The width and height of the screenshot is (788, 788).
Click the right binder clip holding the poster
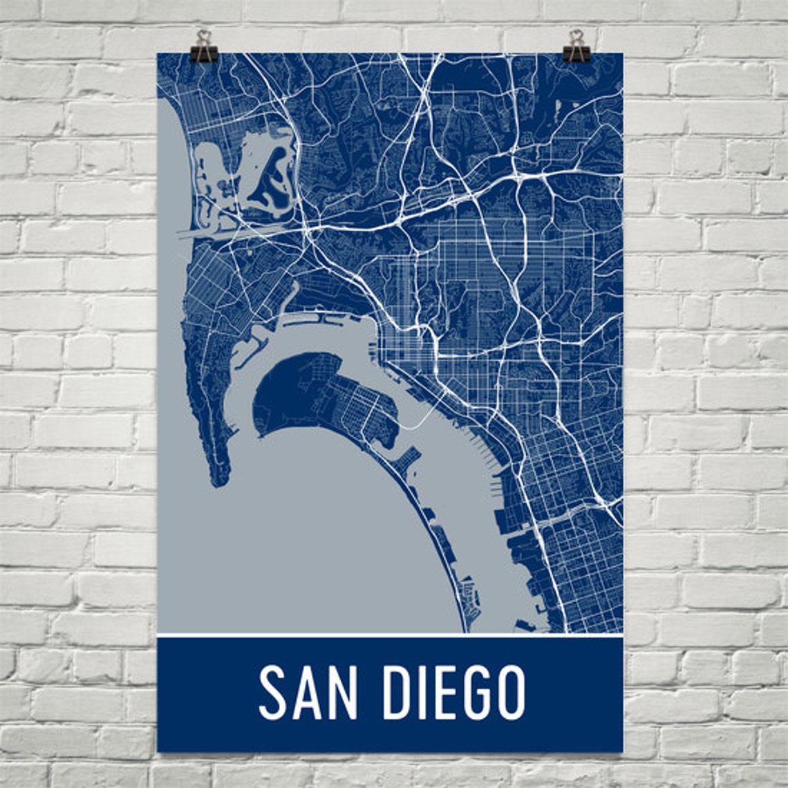tap(576, 48)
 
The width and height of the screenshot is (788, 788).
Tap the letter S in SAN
tap(273, 693)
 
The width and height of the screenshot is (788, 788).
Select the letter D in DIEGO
tap(397, 693)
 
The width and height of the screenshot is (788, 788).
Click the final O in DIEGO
tap(509, 693)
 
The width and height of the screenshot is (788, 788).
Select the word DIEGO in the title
tap(454, 693)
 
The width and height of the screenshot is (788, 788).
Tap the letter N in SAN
tap(344, 693)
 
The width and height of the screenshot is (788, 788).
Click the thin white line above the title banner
tap(390, 635)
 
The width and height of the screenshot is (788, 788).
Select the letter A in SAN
tap(308, 693)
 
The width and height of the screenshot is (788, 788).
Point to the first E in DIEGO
tap(442, 693)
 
